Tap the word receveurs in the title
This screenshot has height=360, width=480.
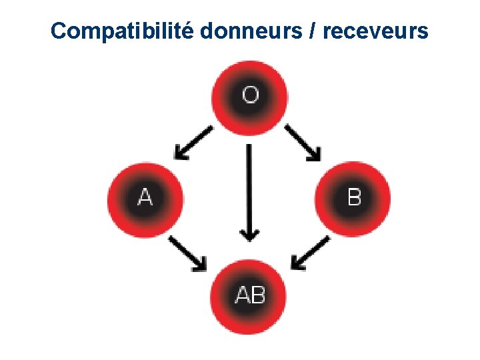376,31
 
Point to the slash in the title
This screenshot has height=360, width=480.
311,31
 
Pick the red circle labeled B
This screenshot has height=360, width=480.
353,198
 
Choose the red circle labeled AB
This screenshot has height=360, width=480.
250,295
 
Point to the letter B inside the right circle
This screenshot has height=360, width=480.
354,198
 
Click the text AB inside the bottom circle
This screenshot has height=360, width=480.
250,295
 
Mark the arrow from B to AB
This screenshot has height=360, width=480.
311,253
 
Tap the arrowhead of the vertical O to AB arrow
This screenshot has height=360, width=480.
249,234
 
